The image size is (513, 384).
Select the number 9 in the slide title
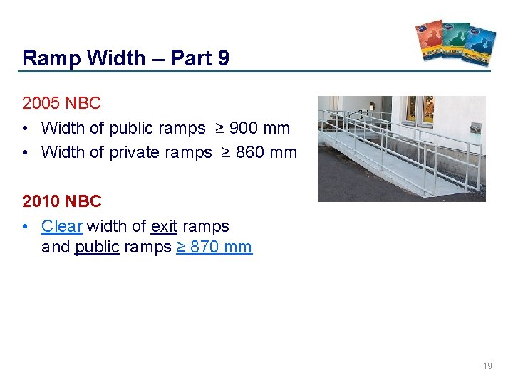click(x=223, y=58)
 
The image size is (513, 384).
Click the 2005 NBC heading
click(x=61, y=103)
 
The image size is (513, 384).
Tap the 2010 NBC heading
click(x=61, y=201)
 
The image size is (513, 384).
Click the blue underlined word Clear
click(x=62, y=226)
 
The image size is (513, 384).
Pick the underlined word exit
click(x=164, y=226)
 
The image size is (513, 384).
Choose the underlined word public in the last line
click(x=97, y=247)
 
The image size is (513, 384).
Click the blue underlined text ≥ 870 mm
click(x=214, y=247)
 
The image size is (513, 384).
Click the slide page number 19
click(x=487, y=366)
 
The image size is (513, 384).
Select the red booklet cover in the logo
click(x=429, y=40)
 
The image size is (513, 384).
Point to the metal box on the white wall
click(x=475, y=129)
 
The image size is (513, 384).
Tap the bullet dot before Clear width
click(x=26, y=227)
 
